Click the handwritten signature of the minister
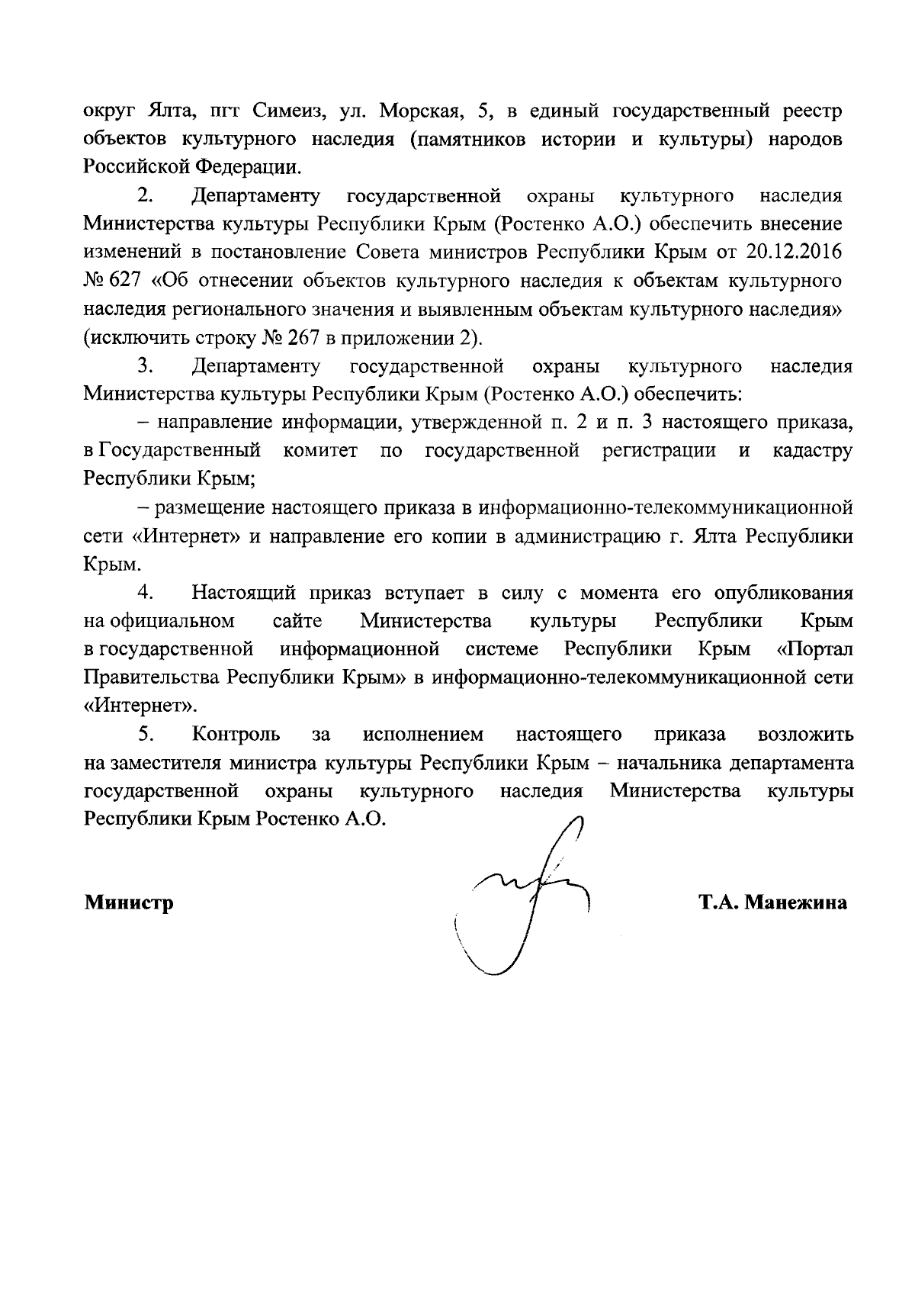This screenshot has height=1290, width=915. [526, 896]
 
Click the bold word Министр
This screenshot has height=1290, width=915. [129, 903]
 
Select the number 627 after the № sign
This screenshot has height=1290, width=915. [126, 281]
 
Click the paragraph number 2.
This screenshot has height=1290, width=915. [146, 196]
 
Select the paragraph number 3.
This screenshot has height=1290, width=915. [146, 366]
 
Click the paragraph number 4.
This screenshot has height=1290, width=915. [146, 593]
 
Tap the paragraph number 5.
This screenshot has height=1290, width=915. [146, 735]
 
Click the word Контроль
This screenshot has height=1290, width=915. [236, 735]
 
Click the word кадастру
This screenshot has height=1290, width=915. [812, 451]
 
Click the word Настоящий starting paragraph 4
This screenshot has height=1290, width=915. [246, 593]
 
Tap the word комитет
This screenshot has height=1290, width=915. [320, 451]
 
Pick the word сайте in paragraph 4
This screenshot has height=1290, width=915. [297, 621]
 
